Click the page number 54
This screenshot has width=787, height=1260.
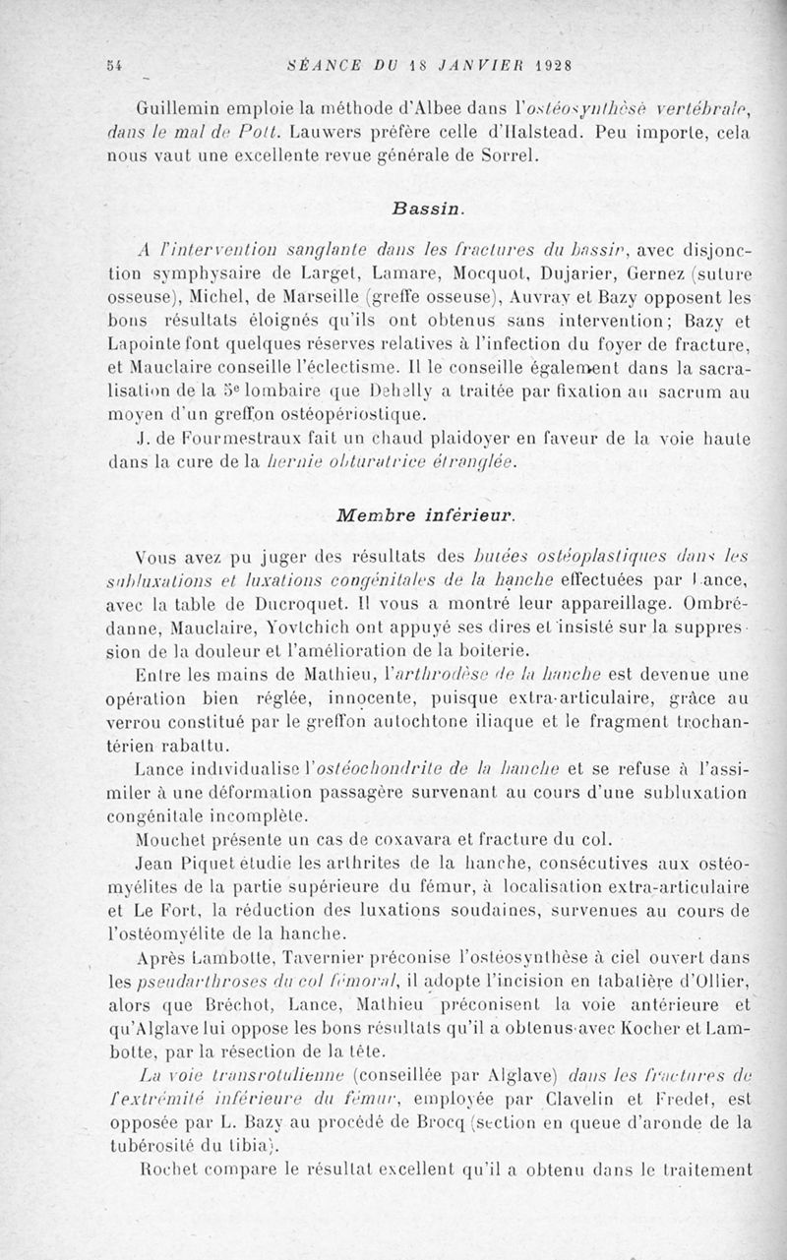(x=114, y=65)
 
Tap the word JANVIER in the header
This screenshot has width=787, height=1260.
(x=466, y=65)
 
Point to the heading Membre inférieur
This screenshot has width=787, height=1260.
(x=425, y=514)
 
